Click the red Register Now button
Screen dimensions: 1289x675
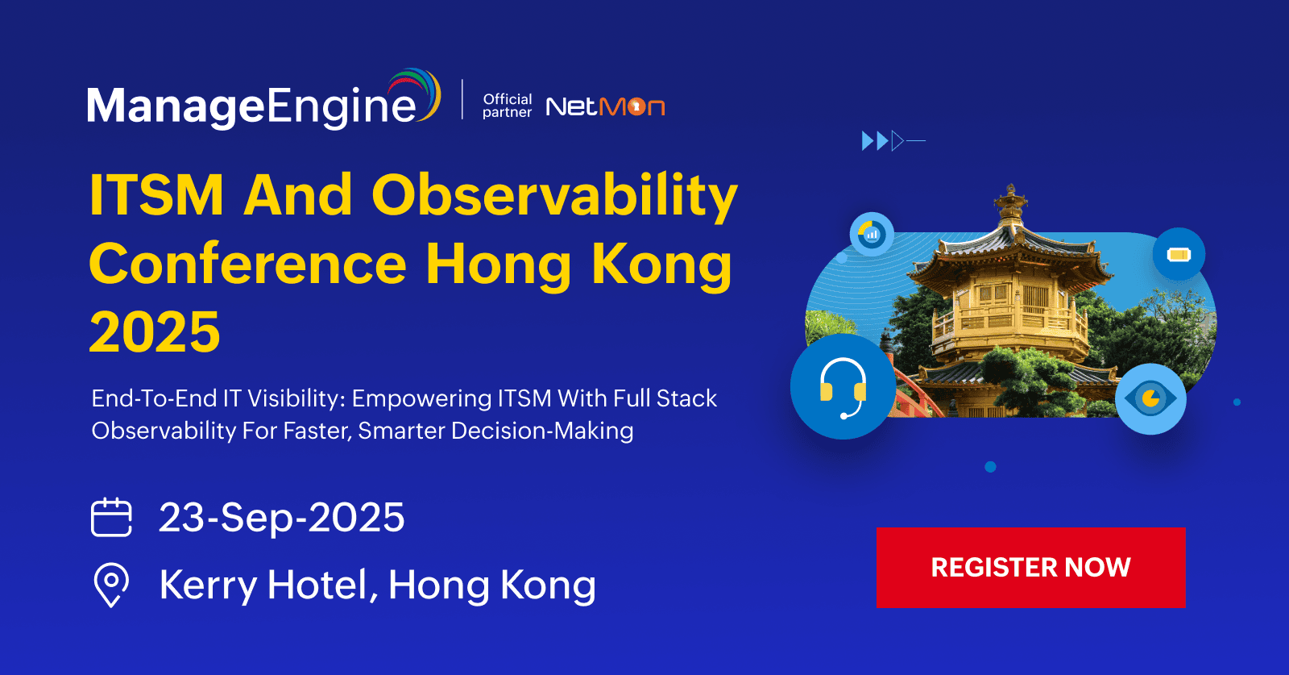tap(1030, 567)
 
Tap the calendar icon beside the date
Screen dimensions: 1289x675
tap(111, 517)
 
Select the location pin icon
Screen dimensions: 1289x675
tap(111, 585)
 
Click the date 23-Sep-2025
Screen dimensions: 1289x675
tap(281, 517)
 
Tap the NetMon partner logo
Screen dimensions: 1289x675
tap(605, 106)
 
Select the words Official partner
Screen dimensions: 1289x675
tap(507, 106)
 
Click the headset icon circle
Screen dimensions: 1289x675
tap(843, 386)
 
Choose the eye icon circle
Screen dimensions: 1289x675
tap(1151, 398)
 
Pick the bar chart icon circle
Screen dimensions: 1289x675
tap(872, 234)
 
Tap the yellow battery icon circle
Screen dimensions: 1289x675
tap(1179, 254)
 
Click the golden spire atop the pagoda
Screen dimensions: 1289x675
tap(1010, 205)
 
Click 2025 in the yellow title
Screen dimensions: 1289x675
tap(155, 331)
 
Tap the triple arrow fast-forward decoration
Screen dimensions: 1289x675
tap(893, 140)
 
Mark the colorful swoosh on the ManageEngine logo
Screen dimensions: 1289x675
tap(416, 94)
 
